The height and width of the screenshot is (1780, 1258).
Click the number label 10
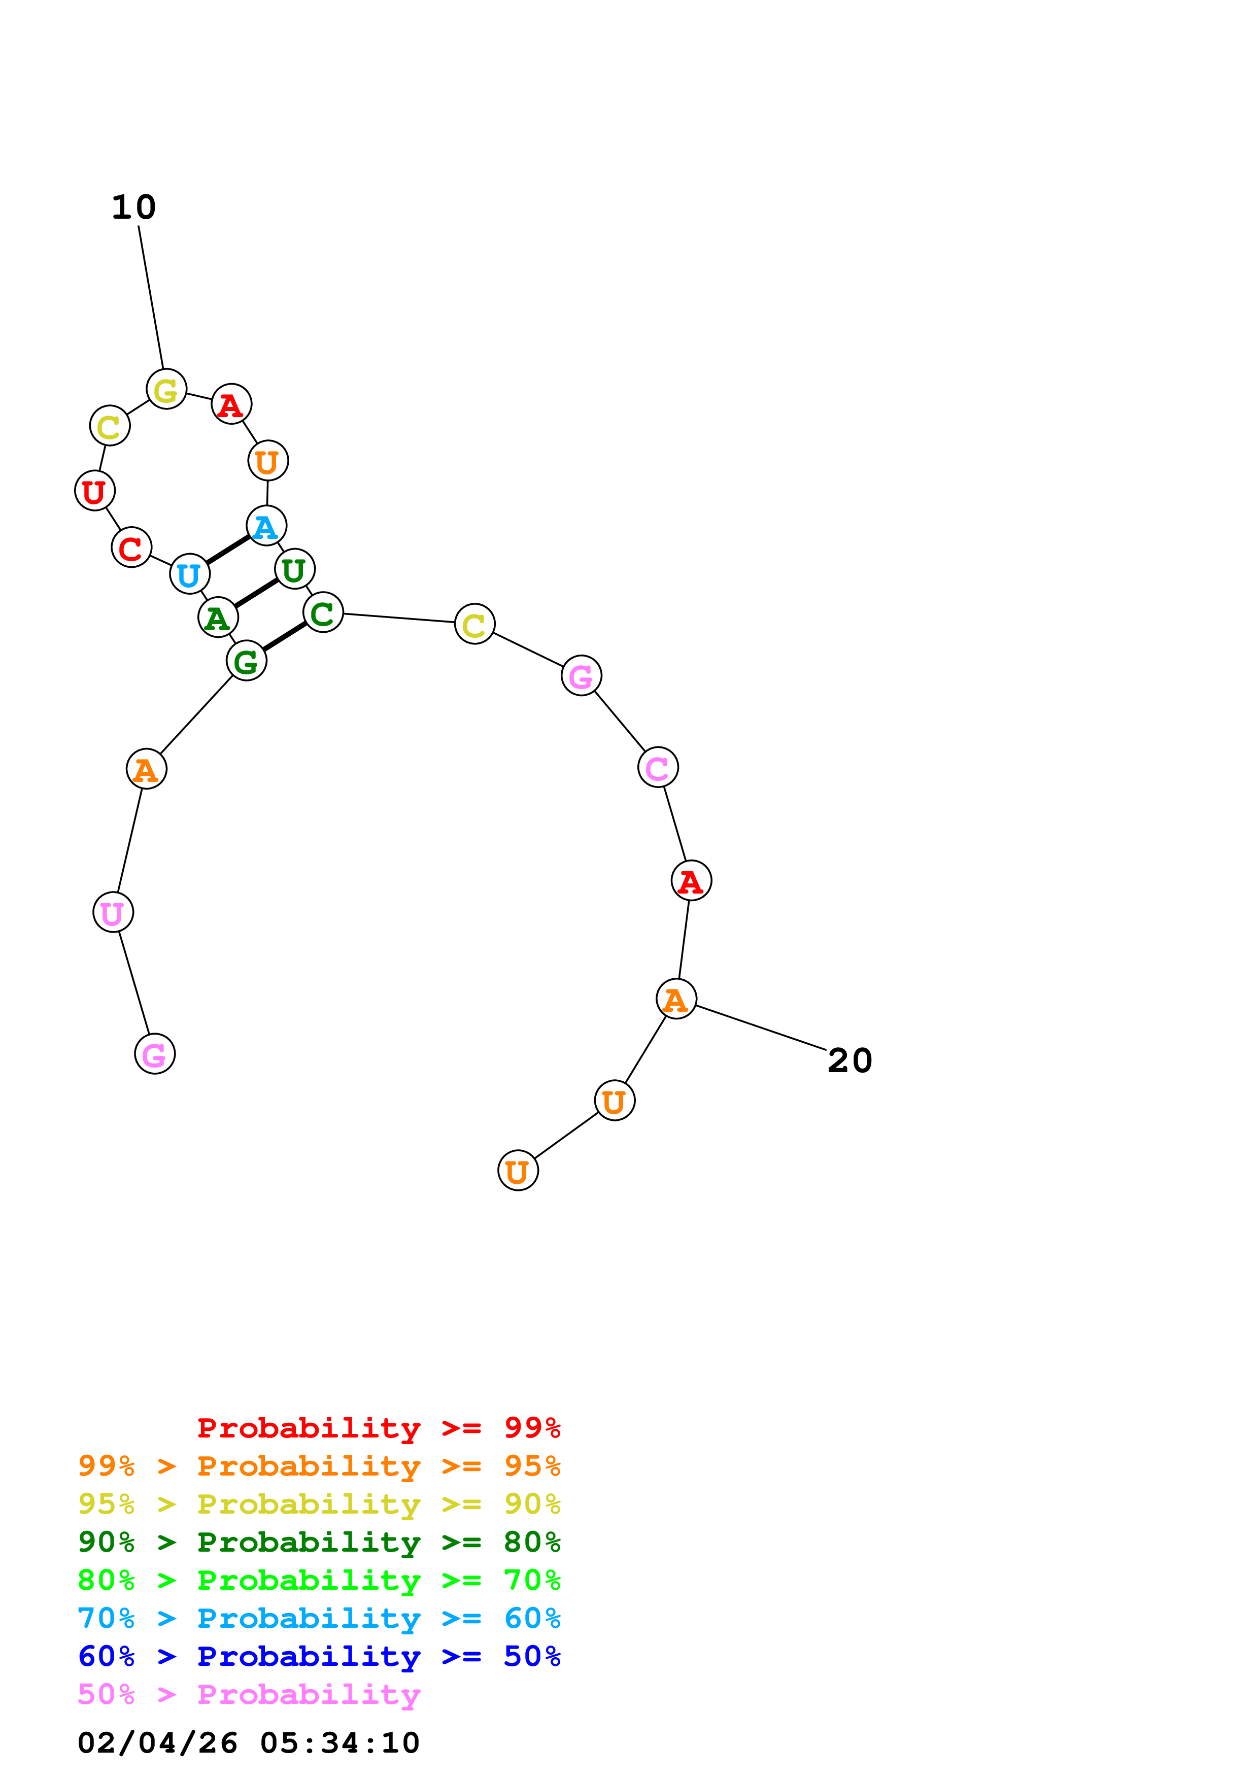(133, 207)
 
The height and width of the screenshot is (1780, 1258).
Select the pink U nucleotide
(113, 912)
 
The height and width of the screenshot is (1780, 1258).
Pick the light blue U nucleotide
(189, 574)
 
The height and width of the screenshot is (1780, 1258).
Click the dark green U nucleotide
(294, 570)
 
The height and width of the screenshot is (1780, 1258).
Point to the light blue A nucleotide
(266, 526)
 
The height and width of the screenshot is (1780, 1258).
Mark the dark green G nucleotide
(247, 661)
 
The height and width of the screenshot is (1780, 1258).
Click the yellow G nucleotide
(166, 389)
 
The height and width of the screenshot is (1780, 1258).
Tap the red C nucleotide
(131, 547)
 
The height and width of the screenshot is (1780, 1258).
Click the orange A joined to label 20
(676, 999)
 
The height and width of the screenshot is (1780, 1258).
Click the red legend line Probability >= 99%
(378, 1428)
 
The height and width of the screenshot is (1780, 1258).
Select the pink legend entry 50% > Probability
(249, 1695)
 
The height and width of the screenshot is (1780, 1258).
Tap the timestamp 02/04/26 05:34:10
(248, 1743)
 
